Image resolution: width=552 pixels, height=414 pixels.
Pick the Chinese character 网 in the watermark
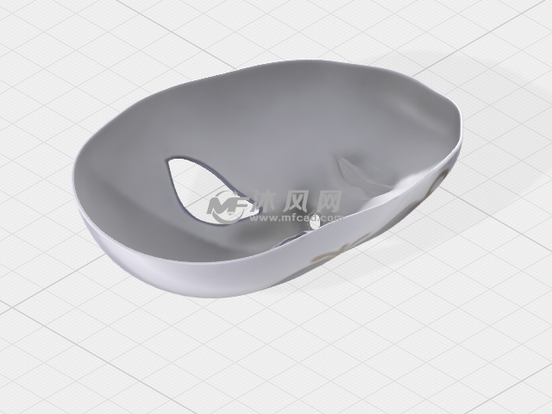pyautogui.click(x=329, y=202)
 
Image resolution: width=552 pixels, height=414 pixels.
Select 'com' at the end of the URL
pyautogui.click(x=332, y=218)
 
